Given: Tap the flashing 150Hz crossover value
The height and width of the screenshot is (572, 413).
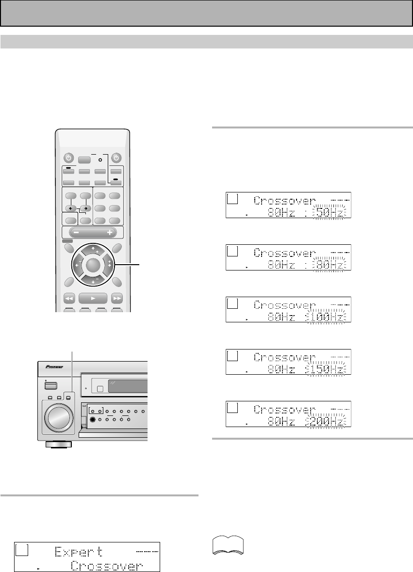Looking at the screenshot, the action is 328,369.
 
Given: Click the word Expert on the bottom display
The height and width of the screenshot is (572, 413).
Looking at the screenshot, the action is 79,552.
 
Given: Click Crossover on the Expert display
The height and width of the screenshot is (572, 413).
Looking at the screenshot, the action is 107,566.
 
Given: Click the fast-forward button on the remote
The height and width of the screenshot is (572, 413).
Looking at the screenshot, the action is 116,299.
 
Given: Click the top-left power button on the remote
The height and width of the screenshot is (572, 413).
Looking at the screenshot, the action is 69,158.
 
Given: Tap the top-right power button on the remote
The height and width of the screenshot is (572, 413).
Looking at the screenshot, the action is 116,158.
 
